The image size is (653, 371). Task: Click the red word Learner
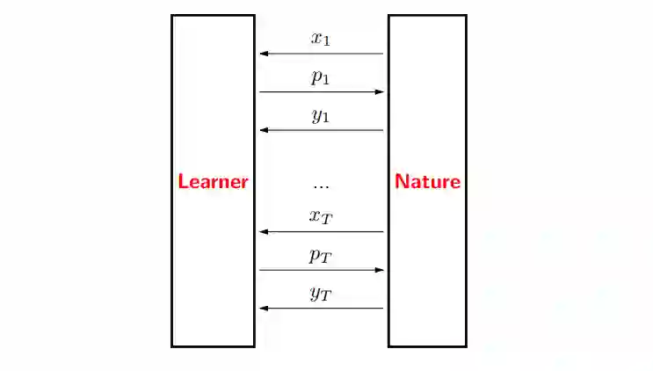click(213, 182)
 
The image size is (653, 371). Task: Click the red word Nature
click(427, 182)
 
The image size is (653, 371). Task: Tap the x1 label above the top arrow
click(321, 38)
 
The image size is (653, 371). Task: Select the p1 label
click(321, 76)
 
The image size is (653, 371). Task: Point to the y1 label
click(321, 115)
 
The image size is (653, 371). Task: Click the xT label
click(321, 217)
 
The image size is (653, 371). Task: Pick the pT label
click(321, 256)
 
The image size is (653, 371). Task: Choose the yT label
click(321, 294)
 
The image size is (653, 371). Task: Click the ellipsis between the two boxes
click(321, 185)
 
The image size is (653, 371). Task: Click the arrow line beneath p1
click(322, 91)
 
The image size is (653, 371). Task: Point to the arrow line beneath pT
click(322, 270)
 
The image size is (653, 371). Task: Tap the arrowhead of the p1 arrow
click(381, 91)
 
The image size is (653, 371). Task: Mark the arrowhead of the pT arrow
click(381, 270)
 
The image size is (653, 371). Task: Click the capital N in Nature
click(401, 182)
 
